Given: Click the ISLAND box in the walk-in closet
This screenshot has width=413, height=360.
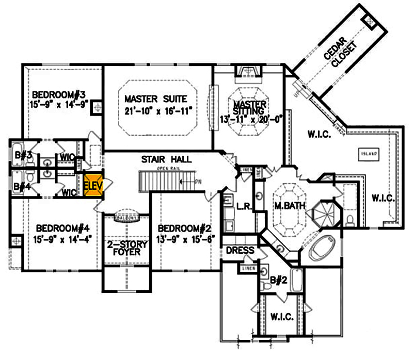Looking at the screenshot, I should [369, 154].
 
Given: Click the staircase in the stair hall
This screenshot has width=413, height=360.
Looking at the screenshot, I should [165, 181].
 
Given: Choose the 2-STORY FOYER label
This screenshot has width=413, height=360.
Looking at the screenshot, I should [126, 249].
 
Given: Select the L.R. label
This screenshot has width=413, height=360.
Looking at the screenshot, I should [243, 206].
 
